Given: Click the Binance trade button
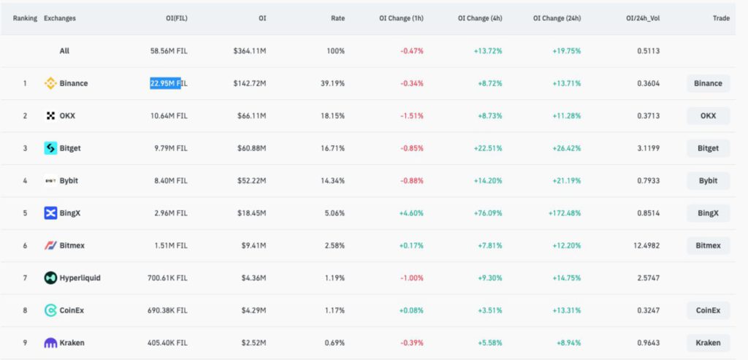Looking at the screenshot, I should pos(708,83).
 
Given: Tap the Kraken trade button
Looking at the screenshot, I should pos(708,342).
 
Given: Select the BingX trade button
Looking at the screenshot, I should pos(708,213).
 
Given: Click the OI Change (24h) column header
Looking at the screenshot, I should pos(557,18).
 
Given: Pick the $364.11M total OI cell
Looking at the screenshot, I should pos(250,51).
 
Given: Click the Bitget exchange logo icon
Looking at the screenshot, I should pos(50,148).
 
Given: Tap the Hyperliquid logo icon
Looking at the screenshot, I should pos(50,277).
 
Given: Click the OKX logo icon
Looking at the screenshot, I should pos(50,115).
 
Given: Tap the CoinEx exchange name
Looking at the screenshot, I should pos(72,310).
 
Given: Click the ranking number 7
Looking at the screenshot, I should pos(25,277).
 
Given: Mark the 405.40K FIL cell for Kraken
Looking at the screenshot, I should pos(167,342).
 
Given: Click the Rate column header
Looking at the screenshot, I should pos(337,18).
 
